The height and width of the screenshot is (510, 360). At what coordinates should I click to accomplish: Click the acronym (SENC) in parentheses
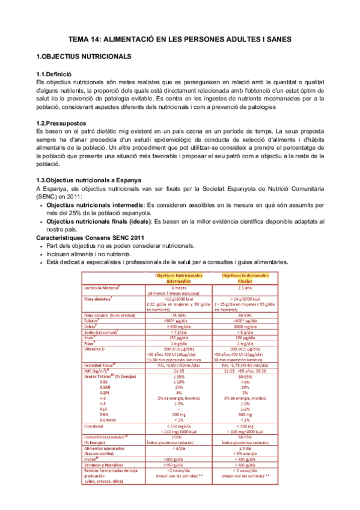[47, 196]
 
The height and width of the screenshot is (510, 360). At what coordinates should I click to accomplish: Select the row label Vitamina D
[97, 348]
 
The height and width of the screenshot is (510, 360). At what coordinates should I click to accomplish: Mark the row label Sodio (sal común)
[102, 331]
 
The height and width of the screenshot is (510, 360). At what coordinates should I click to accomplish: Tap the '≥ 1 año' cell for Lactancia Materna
[245, 287]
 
